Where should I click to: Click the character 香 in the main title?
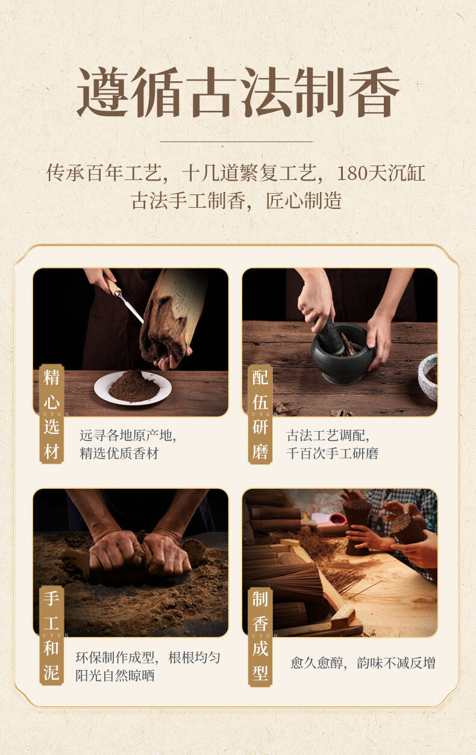pos(374,92)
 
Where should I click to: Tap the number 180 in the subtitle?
pos(352,173)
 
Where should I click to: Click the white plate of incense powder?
pos(133,388)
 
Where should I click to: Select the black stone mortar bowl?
pos(342,353)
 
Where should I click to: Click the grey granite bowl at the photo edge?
pos(428,377)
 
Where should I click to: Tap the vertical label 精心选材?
pos(52,414)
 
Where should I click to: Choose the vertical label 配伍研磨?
pos(260,414)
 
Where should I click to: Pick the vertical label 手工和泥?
pos(52,635)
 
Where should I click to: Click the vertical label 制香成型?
pos(260,637)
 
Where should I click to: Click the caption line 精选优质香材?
pos(119,453)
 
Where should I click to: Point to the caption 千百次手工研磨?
pos(332,453)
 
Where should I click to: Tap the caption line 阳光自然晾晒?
pos(114,676)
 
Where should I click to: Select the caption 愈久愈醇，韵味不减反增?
pos(363,663)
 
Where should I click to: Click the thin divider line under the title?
pos(236,141)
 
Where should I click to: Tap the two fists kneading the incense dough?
pos(140,553)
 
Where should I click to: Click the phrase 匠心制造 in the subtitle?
pos(304,201)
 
